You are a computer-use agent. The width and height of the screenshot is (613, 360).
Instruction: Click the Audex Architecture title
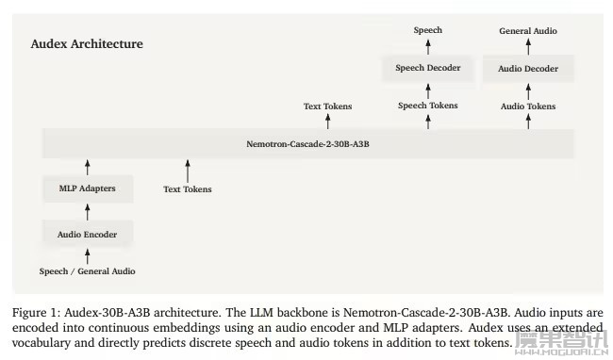[87, 43]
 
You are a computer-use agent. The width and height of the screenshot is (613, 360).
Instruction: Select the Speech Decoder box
[428, 68]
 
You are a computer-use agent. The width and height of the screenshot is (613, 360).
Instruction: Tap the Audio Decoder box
[528, 69]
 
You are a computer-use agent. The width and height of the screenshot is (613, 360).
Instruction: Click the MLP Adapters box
[88, 188]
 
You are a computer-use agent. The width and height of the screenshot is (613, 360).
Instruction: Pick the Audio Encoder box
[88, 235]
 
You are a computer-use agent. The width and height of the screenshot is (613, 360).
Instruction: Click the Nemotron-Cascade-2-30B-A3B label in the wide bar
[307, 144]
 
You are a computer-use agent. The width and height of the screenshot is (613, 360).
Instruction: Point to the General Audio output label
[528, 31]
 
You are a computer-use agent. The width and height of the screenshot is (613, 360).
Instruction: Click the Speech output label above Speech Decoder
[428, 30]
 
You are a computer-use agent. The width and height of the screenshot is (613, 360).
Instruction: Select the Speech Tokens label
[428, 106]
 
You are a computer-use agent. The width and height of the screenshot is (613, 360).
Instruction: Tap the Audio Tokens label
[528, 106]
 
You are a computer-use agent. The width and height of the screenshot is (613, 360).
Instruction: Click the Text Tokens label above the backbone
[328, 106]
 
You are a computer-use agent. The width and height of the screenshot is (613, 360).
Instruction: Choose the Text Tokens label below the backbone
[188, 189]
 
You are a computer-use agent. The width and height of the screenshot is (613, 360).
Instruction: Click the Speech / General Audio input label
[87, 271]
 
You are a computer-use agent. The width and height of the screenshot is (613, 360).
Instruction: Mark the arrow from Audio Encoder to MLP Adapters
[88, 212]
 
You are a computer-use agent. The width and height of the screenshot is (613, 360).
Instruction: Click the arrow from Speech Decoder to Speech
[428, 47]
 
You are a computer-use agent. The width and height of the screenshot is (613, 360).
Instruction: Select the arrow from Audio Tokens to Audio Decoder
[528, 91]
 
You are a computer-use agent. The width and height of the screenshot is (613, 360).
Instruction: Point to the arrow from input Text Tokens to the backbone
[188, 171]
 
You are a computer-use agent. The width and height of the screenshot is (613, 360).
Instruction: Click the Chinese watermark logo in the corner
[561, 342]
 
